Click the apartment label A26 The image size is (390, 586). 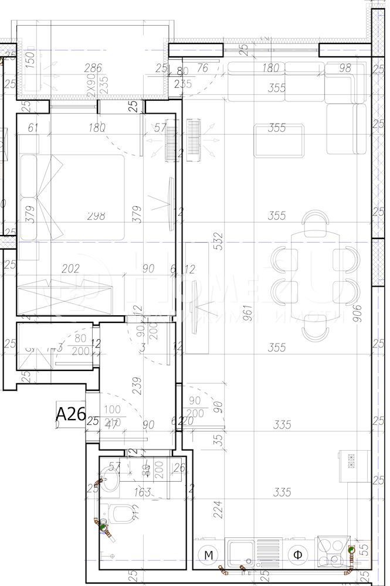click(x=70, y=414)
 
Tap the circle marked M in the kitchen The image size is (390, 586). click(x=207, y=554)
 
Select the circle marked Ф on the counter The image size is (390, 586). click(x=297, y=554)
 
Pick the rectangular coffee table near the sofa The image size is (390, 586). click(x=280, y=141)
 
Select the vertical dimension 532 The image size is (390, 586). click(x=219, y=242)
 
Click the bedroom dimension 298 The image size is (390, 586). click(x=96, y=216)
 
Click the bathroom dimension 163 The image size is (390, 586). click(x=143, y=492)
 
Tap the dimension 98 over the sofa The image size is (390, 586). click(x=345, y=69)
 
